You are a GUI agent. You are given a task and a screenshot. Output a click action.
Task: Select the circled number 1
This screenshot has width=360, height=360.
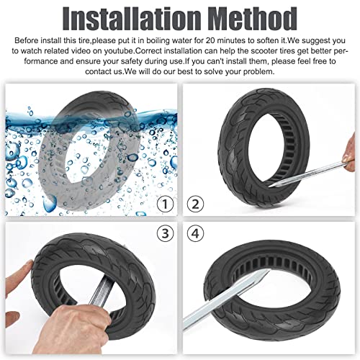[165, 205]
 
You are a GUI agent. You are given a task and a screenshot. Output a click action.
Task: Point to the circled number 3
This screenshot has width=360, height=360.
[165, 234]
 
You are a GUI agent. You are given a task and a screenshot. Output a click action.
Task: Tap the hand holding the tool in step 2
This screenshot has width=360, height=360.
[350, 151]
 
